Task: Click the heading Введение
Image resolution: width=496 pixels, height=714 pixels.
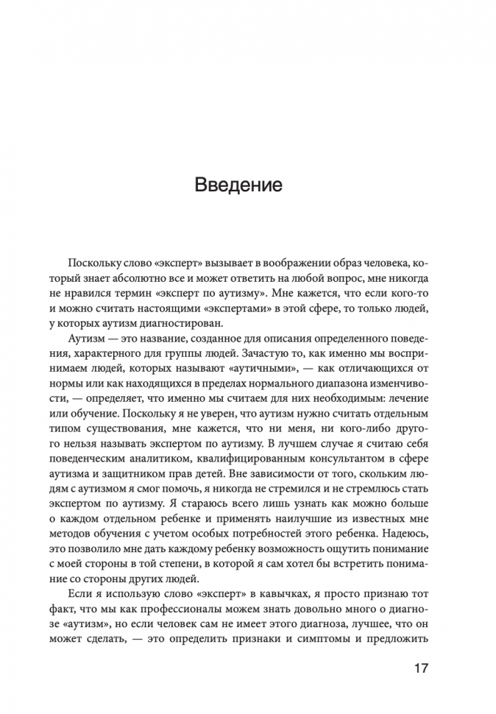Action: click(x=238, y=183)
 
